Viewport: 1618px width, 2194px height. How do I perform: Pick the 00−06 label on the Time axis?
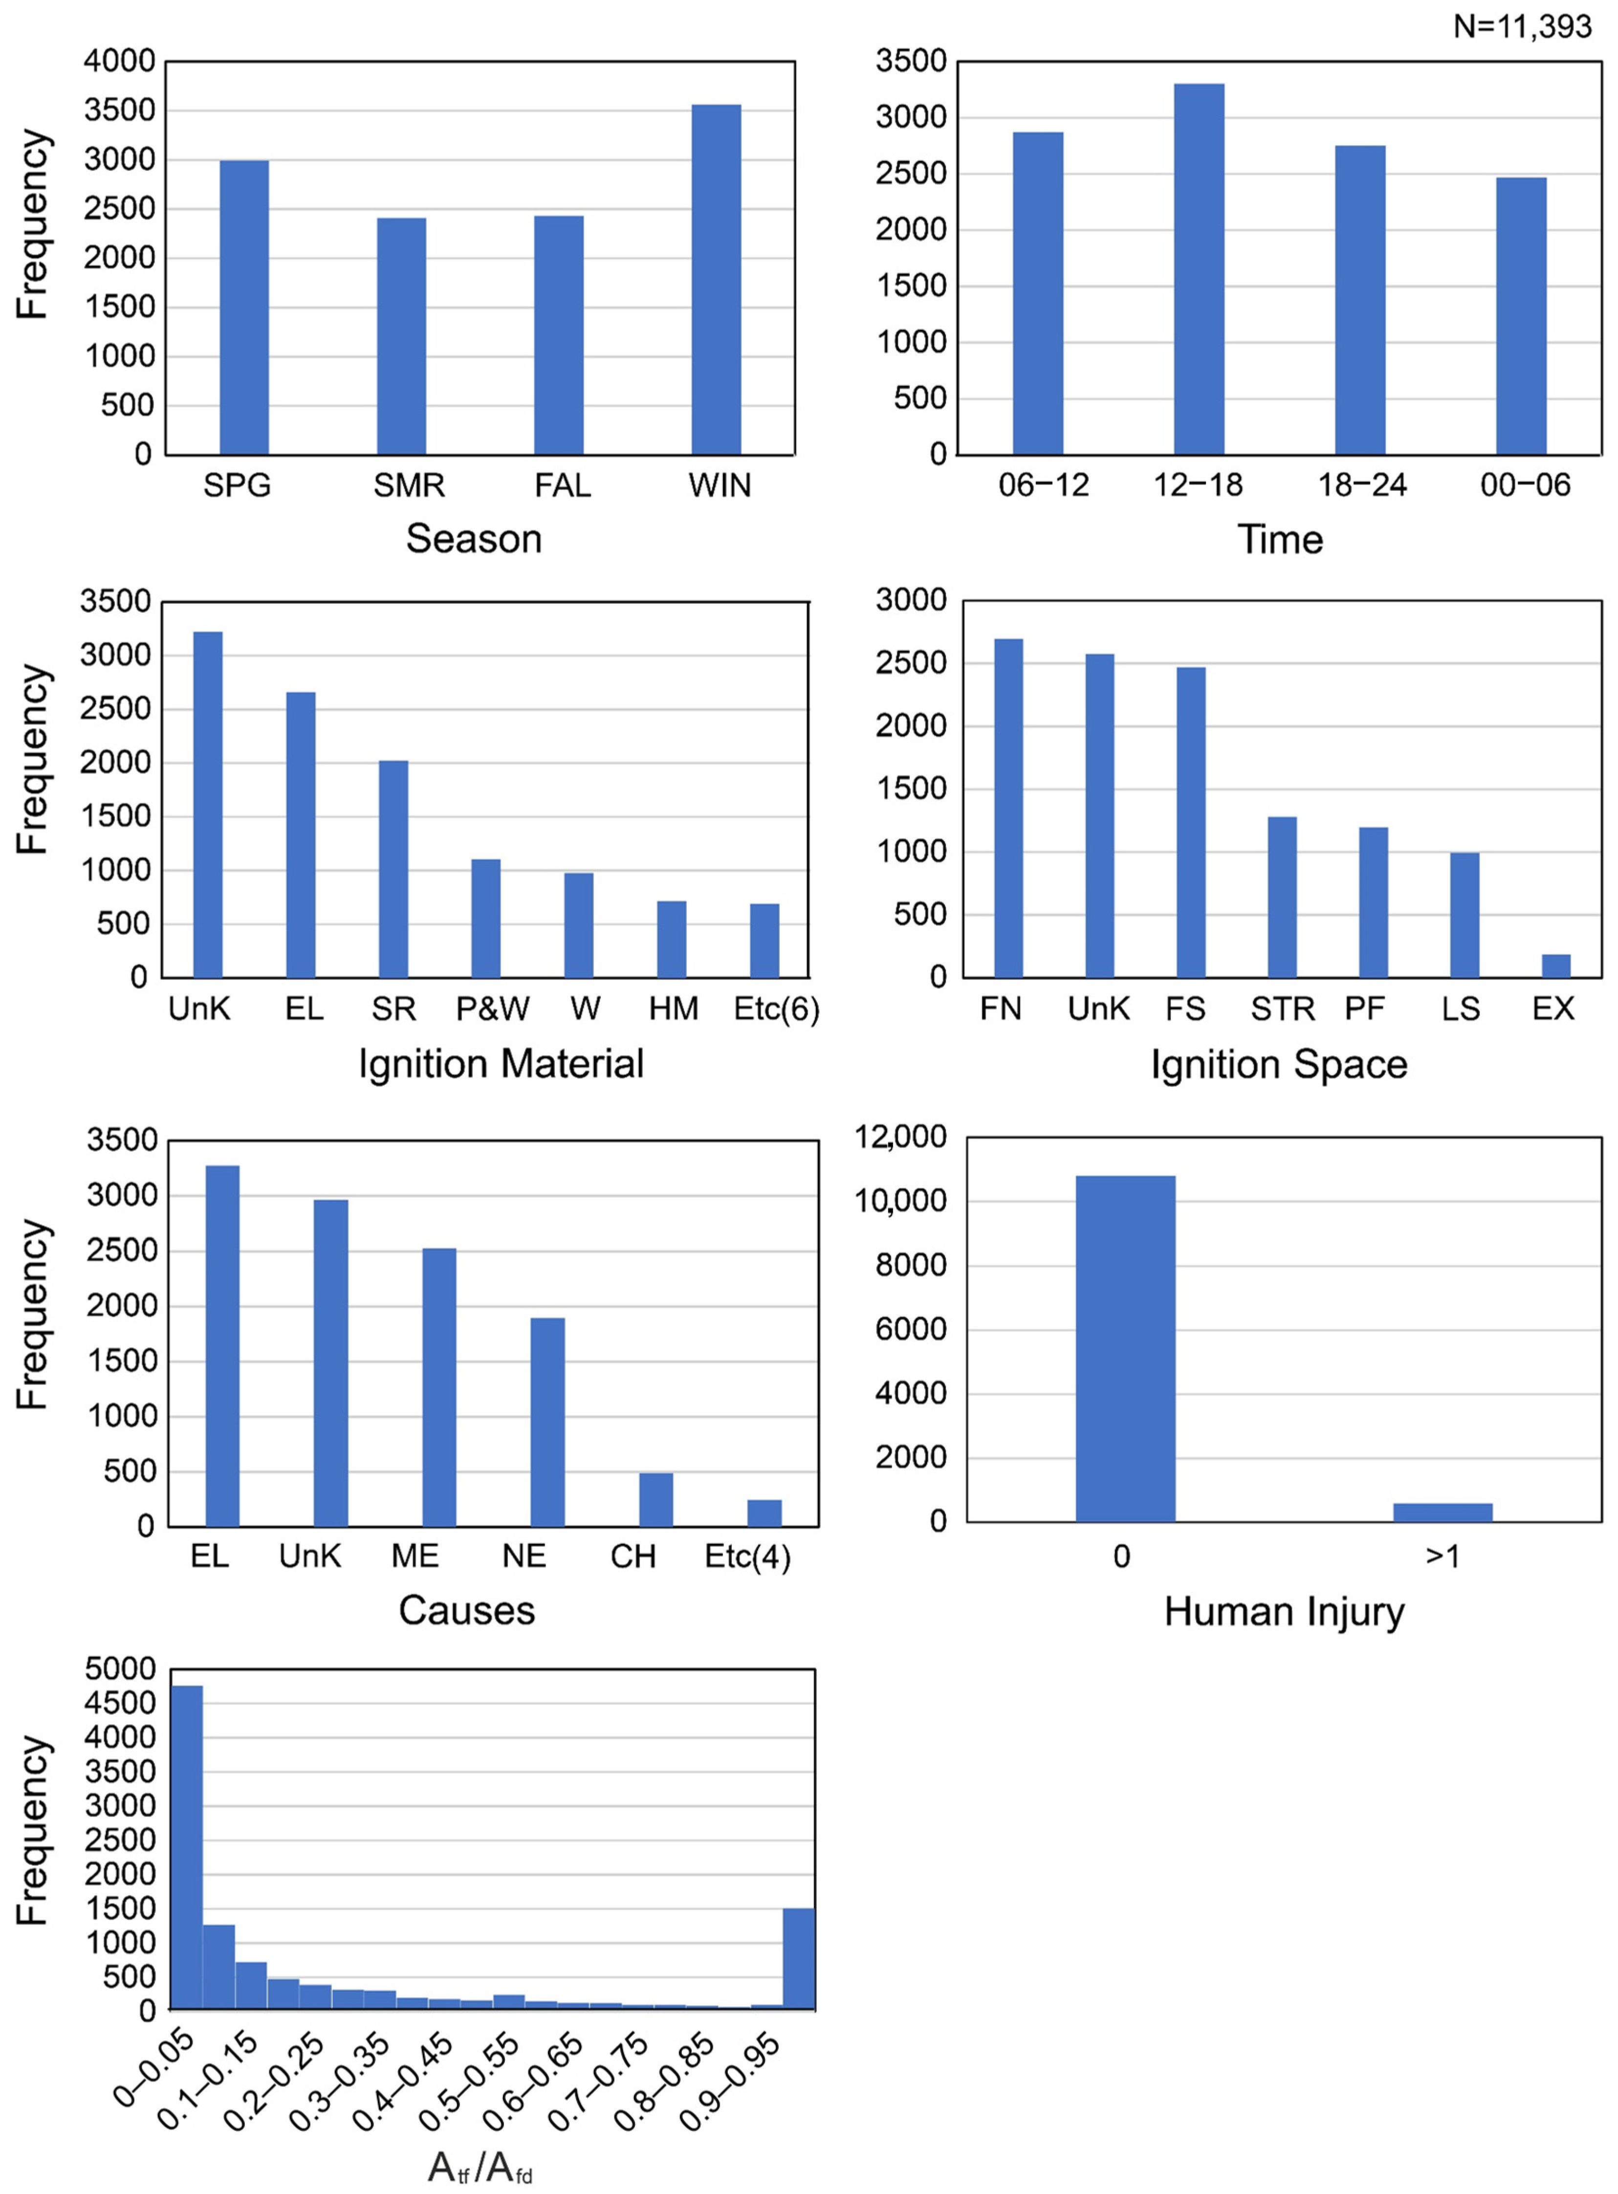click(1525, 485)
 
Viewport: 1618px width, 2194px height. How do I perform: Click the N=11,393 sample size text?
click(1522, 26)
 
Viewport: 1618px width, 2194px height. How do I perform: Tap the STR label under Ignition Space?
click(1282, 1009)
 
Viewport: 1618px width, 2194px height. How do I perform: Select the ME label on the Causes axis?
click(415, 1557)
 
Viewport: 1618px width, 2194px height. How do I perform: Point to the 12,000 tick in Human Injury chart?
click(900, 1137)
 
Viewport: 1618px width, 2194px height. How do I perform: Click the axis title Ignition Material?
click(501, 1064)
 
